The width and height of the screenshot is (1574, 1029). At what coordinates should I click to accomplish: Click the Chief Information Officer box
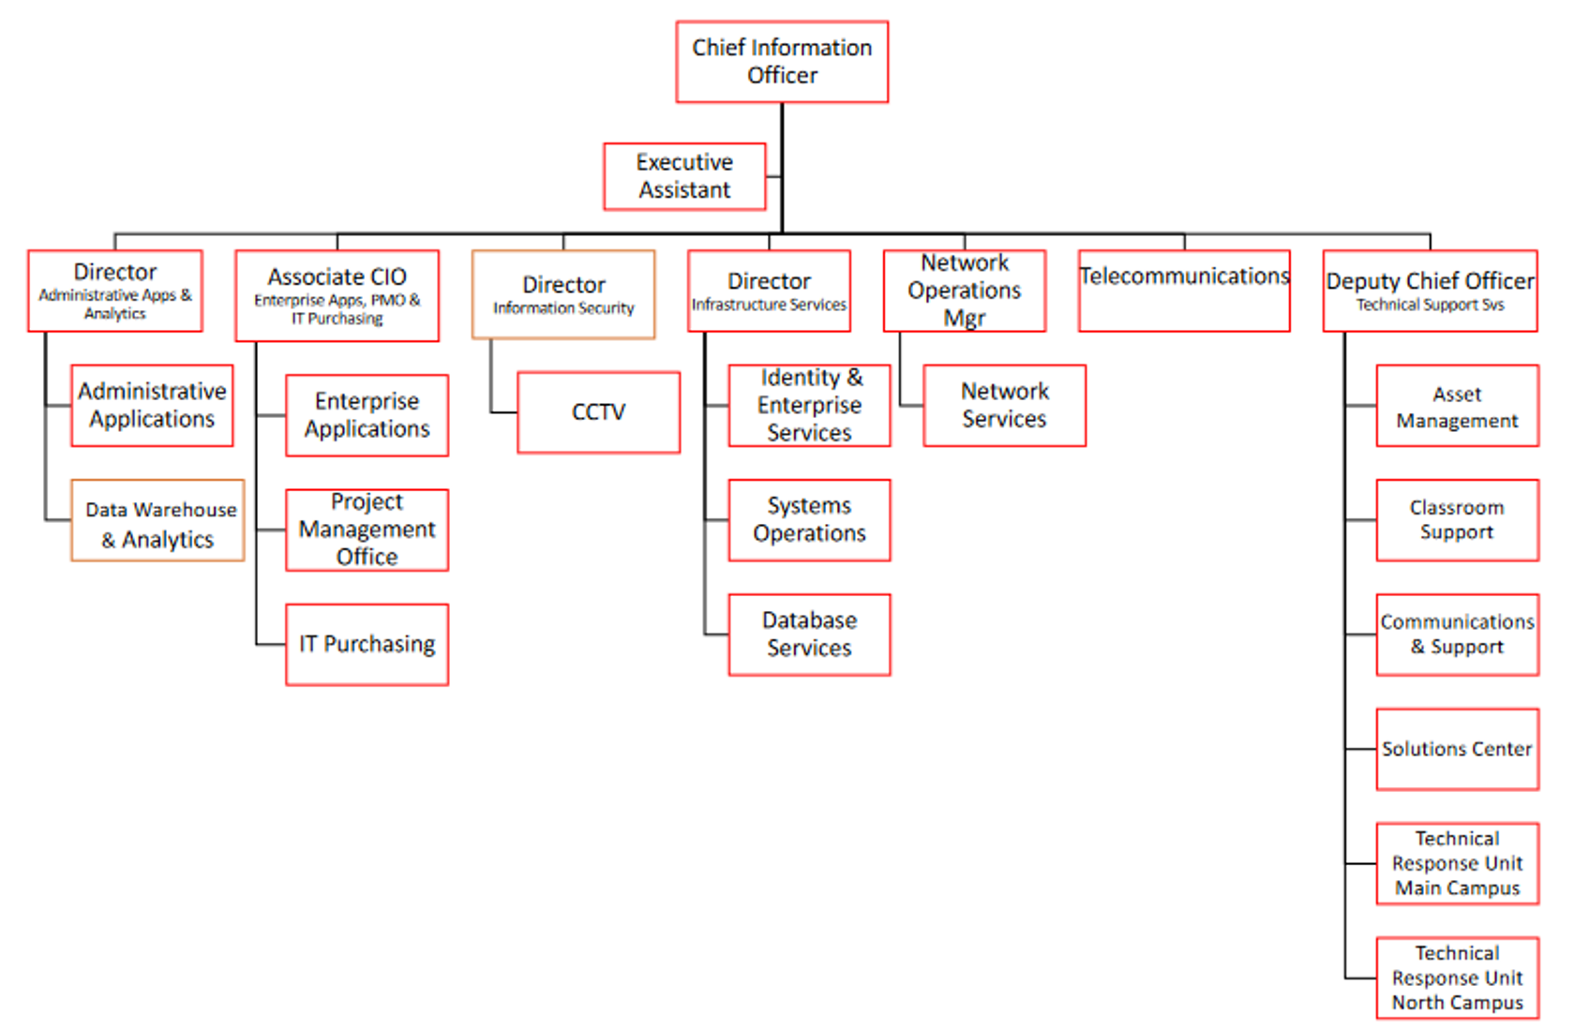click(781, 62)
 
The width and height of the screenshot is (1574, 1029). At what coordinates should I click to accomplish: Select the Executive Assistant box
click(684, 176)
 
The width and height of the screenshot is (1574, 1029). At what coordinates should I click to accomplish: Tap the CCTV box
click(598, 412)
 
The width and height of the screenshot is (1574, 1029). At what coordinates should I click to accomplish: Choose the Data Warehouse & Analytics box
click(157, 521)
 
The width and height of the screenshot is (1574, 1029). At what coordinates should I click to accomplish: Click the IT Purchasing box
click(367, 645)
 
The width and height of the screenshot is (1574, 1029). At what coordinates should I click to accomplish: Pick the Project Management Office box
click(367, 529)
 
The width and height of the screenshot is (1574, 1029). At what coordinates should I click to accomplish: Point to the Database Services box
click(809, 634)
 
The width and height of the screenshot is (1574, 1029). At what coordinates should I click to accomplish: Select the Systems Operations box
click(809, 520)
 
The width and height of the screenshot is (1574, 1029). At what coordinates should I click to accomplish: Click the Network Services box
click(1004, 405)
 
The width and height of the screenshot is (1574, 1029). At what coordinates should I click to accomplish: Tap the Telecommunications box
click(1183, 291)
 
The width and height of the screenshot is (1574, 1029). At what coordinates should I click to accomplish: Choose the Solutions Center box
click(1457, 749)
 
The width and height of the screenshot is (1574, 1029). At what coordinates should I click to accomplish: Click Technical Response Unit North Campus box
click(1457, 977)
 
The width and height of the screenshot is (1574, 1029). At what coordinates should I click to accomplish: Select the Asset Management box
click(1457, 407)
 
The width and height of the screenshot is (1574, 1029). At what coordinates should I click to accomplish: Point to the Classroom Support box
click(1457, 520)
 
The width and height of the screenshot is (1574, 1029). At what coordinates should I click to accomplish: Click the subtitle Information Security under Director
click(563, 308)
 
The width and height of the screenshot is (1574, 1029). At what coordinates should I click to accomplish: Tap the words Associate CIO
click(337, 277)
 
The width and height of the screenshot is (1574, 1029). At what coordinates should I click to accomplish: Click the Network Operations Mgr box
click(964, 291)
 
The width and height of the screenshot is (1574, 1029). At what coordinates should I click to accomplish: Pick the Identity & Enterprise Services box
click(809, 405)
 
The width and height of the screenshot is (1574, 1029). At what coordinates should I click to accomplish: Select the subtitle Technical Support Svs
click(1430, 306)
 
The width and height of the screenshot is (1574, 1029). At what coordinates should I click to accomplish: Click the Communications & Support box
click(1457, 634)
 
